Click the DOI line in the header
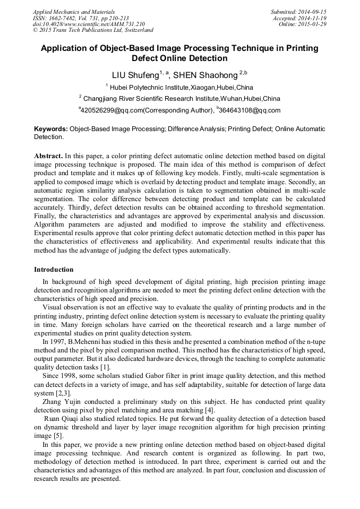[89, 24]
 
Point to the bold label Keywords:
[51, 129]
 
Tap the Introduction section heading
[54, 270]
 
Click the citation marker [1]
[105, 367]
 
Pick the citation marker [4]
[210, 410]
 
